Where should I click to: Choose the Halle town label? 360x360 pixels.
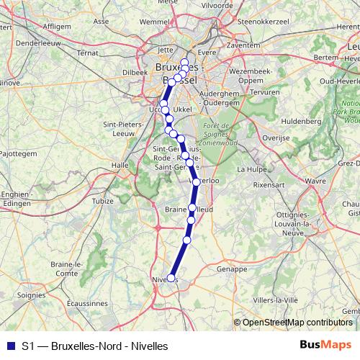tap(120, 165)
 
